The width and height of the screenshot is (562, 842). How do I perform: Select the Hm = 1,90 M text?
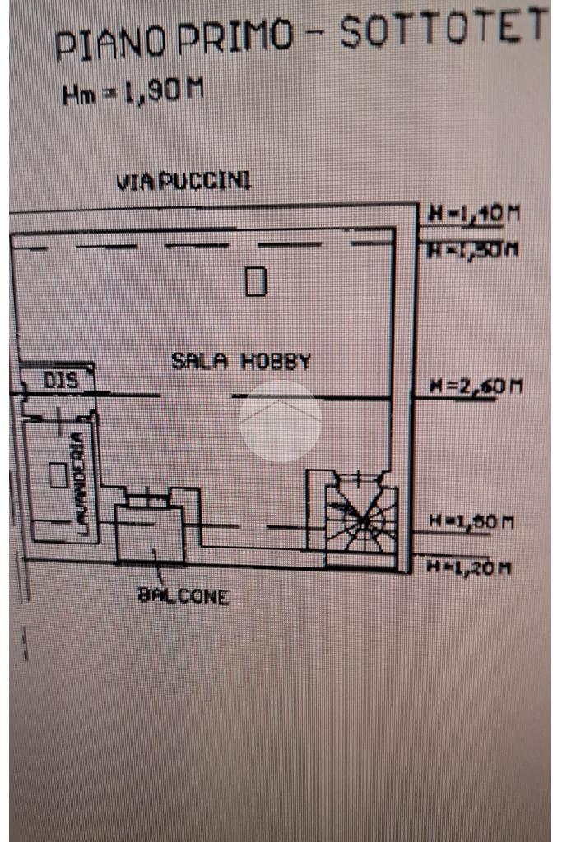click(x=132, y=92)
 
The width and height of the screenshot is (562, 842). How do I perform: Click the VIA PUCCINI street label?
click(x=183, y=182)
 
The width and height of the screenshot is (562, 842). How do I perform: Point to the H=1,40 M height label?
click(x=474, y=215)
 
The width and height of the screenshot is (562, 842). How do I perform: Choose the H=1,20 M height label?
click(x=472, y=567)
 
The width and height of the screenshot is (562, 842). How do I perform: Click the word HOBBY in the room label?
click(x=276, y=361)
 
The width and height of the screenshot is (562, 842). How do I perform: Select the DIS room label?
click(x=60, y=381)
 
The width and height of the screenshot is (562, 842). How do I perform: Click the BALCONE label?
click(x=183, y=597)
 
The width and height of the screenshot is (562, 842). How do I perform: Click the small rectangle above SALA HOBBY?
click(x=257, y=282)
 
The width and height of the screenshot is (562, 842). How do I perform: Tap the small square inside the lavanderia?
click(x=58, y=475)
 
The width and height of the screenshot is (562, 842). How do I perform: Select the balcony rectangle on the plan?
click(x=149, y=533)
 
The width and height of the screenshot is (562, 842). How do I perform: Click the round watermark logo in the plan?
click(x=281, y=421)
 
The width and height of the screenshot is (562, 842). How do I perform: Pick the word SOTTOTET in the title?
click(x=444, y=30)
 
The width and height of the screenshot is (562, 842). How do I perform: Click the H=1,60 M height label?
click(x=472, y=521)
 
